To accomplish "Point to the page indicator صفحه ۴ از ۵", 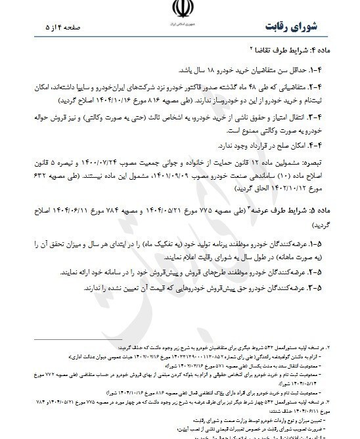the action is click(50, 28).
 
